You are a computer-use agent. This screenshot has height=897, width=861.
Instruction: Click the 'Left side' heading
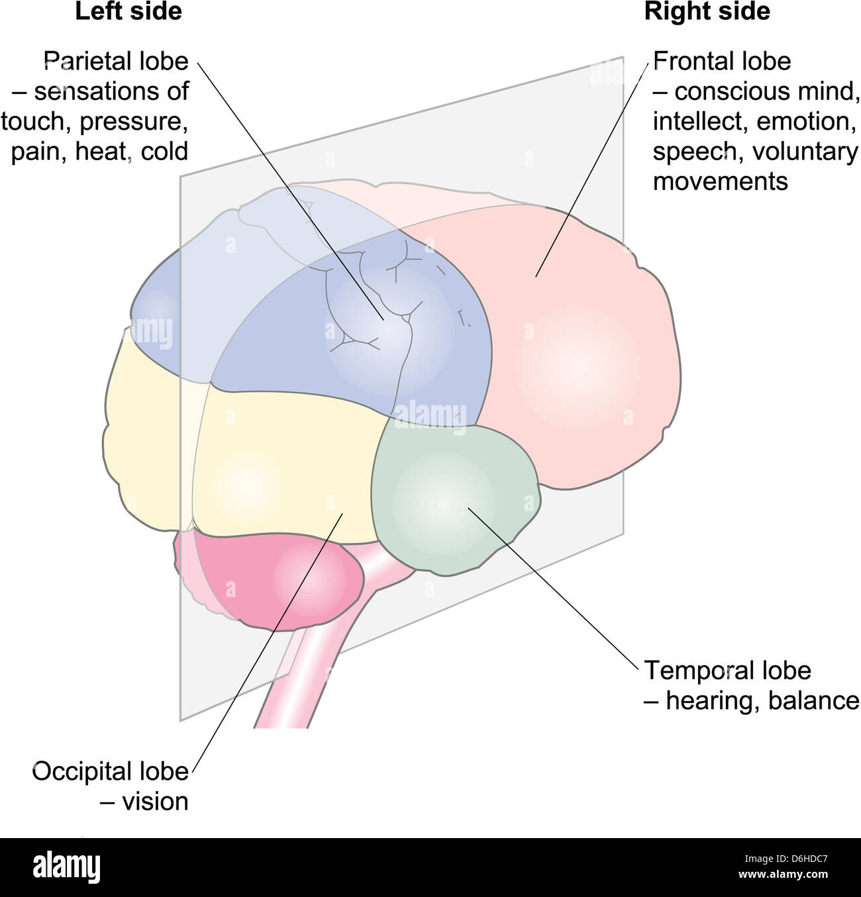(x=128, y=12)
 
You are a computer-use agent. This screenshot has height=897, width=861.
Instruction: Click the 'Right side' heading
(x=707, y=12)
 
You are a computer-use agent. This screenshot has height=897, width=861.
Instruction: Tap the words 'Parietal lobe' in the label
(x=116, y=62)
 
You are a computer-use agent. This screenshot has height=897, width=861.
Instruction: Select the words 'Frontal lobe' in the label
(x=722, y=62)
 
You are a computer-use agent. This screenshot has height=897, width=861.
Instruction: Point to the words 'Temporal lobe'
(x=727, y=671)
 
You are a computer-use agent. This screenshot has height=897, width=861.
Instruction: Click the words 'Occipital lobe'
(x=110, y=772)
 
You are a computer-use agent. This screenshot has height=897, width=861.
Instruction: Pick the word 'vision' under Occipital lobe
(x=155, y=802)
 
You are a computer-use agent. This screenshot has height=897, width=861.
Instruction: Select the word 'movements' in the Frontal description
(x=720, y=181)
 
